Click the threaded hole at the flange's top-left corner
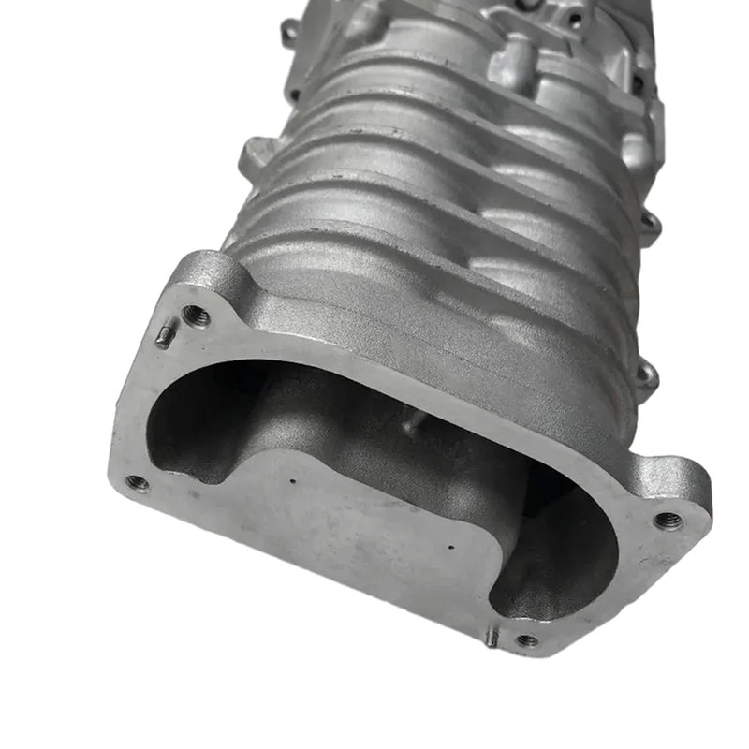[x=196, y=316]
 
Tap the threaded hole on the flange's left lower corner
[x=138, y=483]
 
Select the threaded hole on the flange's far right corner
[x=668, y=521]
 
